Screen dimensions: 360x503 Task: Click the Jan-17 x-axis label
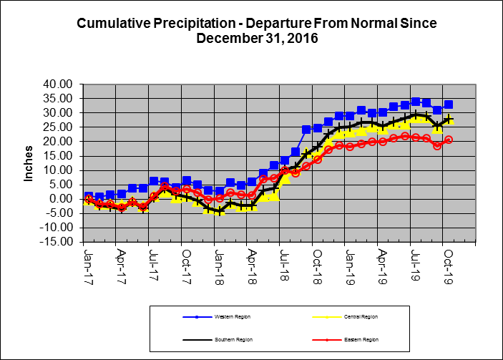(x=88, y=264)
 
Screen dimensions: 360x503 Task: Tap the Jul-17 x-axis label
(x=153, y=264)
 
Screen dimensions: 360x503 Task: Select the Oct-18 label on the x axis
(x=316, y=264)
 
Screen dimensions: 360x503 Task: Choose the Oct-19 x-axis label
(x=447, y=264)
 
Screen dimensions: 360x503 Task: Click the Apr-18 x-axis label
(x=251, y=264)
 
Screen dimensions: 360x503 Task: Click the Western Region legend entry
(x=215, y=316)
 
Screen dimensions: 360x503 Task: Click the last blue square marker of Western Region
(x=449, y=104)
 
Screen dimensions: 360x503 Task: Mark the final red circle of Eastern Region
(x=449, y=140)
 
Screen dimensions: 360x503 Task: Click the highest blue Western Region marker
(x=416, y=102)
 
